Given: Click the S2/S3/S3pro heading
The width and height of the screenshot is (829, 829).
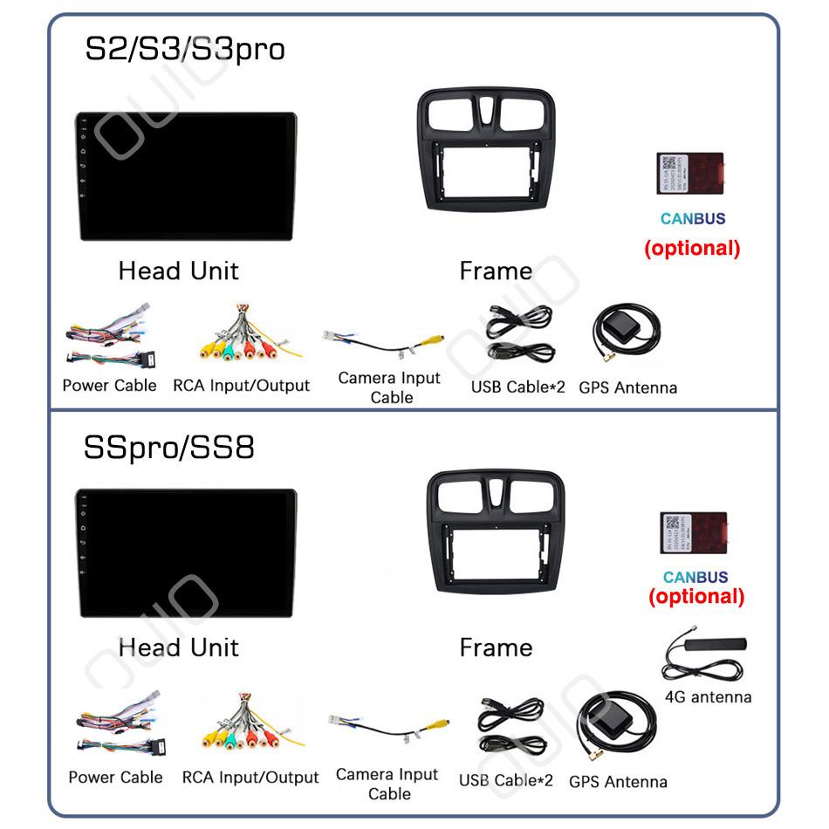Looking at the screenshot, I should click(184, 49).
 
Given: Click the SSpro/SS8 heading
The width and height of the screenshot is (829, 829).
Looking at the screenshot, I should click(168, 448).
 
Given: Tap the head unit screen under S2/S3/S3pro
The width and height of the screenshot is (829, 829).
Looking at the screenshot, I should click(185, 175).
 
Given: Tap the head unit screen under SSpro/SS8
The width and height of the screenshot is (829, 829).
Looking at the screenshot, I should click(185, 553).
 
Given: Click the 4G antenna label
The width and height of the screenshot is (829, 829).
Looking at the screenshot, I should click(708, 697).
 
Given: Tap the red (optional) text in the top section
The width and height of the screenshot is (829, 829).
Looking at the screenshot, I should click(692, 248).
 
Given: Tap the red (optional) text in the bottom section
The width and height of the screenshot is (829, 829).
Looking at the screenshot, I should click(696, 597).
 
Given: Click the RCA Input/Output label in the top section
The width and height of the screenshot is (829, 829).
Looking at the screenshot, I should click(241, 386).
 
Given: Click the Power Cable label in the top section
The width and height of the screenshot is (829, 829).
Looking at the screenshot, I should click(109, 386).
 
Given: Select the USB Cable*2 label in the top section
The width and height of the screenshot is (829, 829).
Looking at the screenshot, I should click(518, 387).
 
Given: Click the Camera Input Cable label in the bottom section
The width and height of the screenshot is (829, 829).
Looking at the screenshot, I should click(387, 784).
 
